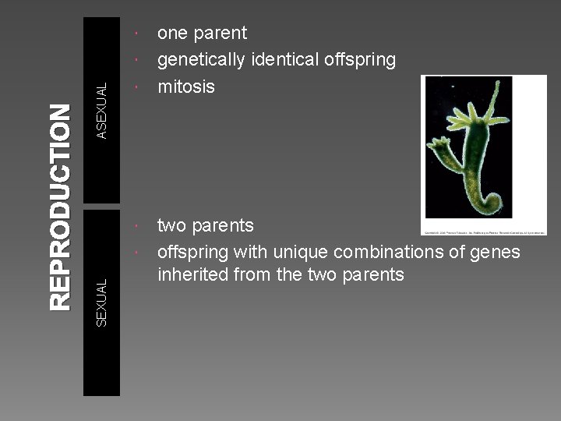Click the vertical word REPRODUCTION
pos(59,207)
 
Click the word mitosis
pos(185,87)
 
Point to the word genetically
pos(201,60)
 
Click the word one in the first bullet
pos(172,34)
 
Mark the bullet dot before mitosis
pos(136,87)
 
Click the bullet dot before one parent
pos(136,34)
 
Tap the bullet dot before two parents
pos(136,226)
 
